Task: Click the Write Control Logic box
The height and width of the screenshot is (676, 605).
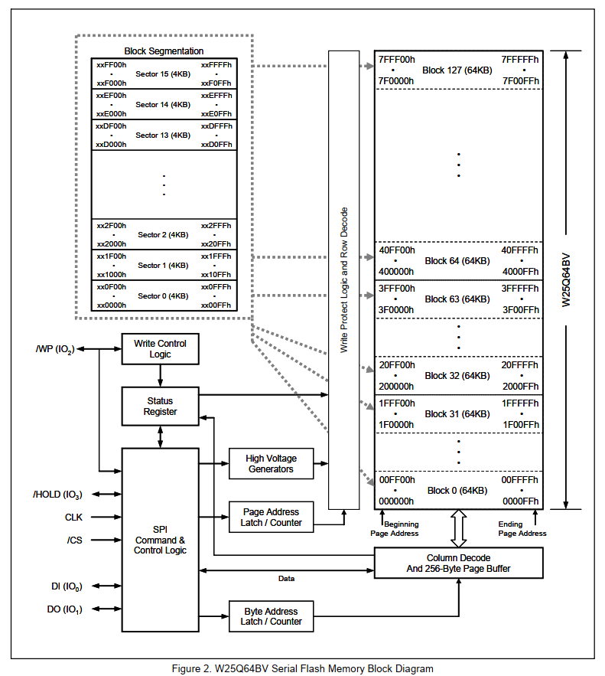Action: [x=160, y=349]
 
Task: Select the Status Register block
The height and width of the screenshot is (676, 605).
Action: [x=160, y=406]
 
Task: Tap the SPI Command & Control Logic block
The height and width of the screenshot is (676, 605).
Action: [x=160, y=540]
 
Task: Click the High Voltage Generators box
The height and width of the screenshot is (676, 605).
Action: [x=271, y=464]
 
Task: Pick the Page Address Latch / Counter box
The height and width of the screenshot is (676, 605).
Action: [x=271, y=518]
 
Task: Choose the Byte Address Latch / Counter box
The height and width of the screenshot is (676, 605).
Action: [x=271, y=616]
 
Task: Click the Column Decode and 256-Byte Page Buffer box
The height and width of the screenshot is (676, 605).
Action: [x=458, y=563]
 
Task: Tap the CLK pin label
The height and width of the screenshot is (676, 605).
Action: [x=73, y=518]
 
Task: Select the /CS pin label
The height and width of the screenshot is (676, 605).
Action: [x=74, y=540]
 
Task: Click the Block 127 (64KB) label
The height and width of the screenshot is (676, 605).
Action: [x=457, y=70]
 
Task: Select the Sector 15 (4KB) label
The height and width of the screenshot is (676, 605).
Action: [x=163, y=74]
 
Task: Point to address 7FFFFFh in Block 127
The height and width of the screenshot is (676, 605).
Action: [x=520, y=60]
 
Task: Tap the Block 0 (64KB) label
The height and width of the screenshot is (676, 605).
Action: [x=457, y=491]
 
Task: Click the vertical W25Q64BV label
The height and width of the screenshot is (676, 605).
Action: [x=567, y=280]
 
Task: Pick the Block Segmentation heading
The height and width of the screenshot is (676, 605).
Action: [x=164, y=51]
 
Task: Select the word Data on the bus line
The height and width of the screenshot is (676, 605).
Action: [x=286, y=579]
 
